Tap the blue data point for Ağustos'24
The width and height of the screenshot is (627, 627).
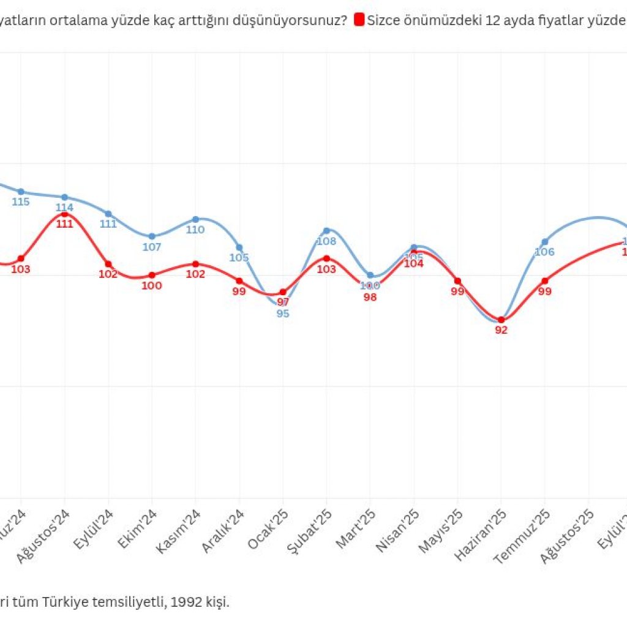coord(64,197)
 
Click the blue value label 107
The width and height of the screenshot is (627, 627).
coord(151,247)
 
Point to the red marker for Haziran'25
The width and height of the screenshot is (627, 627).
coord(501,320)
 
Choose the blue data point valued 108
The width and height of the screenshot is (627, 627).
coord(326,230)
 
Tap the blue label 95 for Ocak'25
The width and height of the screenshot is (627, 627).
coord(283,314)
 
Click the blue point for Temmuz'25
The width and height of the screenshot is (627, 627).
coord(544,242)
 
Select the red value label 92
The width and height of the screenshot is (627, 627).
coord(501,331)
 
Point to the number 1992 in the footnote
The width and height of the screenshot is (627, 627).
coord(187,602)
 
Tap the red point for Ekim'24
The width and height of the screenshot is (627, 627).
coord(152,275)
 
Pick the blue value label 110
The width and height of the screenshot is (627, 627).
coord(195,230)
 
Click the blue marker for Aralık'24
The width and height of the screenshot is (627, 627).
coord(239,247)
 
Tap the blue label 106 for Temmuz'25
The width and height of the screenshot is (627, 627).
coord(544,252)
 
